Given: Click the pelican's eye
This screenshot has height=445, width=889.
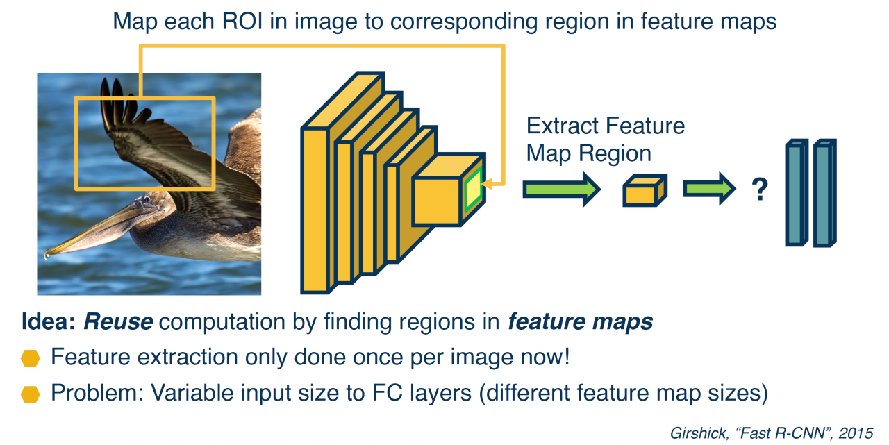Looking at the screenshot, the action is click(147, 199).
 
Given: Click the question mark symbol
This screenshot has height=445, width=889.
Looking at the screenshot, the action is click(760, 190).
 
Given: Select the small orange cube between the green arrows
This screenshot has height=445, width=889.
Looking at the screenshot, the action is click(645, 190).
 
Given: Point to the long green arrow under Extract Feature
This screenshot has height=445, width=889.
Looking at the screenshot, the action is click(561, 190).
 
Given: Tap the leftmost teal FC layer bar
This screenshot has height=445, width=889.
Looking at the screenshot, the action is click(797, 193).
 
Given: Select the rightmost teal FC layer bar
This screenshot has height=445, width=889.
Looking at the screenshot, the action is click(824, 193).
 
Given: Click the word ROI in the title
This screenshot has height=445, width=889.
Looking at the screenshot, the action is click(242, 21).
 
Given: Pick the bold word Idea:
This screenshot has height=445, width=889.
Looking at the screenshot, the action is click(49, 321).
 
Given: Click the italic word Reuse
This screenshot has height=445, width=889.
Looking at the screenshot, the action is click(118, 321).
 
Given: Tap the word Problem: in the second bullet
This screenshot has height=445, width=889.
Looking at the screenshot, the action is click(97, 393).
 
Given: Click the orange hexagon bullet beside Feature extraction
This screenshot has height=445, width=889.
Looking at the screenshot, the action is click(30, 358).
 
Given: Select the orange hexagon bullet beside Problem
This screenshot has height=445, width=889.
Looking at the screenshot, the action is click(30, 394).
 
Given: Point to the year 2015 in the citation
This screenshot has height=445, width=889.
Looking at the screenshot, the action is click(856, 433).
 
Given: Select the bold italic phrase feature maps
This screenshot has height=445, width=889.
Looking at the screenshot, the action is click(580, 321).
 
